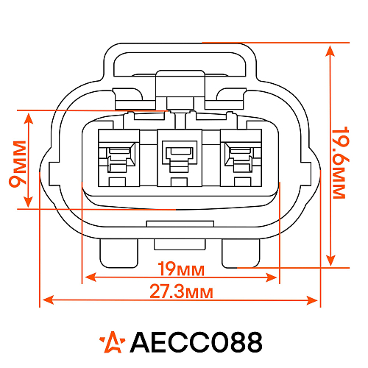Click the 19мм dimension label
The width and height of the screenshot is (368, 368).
pos(181,267)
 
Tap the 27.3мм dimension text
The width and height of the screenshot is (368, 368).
pos(182,291)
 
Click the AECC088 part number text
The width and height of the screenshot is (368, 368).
pos(196,342)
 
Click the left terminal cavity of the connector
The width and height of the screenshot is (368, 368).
pos(118,156)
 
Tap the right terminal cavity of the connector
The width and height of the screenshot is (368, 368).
pos(240,156)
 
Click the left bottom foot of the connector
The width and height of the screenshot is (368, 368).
pos(118,254)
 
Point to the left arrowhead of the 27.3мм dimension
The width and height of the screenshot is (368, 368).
pos(46,300)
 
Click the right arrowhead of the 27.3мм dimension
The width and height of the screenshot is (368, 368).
pos(316,300)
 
